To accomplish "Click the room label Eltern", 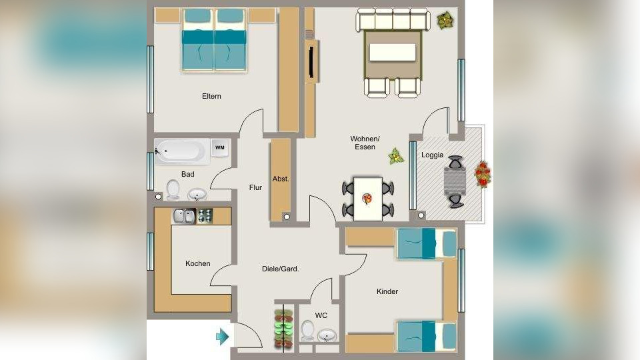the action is [x=211, y=96].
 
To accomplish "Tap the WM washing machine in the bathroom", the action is [x=220, y=148].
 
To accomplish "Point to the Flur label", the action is [x=255, y=187].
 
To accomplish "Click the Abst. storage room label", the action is [x=281, y=179].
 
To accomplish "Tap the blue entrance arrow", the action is [x=223, y=336].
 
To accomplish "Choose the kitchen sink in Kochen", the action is [x=185, y=216].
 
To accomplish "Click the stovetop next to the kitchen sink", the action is [x=205, y=216].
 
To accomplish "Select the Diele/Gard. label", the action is [x=281, y=269].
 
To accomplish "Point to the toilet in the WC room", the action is [x=307, y=330].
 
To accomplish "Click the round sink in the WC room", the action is [x=327, y=335].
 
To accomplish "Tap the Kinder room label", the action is [x=387, y=291].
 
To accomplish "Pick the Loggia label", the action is [x=432, y=155].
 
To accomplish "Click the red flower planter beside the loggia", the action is [x=483, y=174].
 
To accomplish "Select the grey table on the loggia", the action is [x=455, y=181].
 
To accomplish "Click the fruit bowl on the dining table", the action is [x=367, y=199].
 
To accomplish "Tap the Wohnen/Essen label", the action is [x=365, y=143].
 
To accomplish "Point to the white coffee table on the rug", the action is [x=393, y=53].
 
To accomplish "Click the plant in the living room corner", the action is [x=445, y=20].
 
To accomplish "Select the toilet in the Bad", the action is [x=173, y=190].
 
